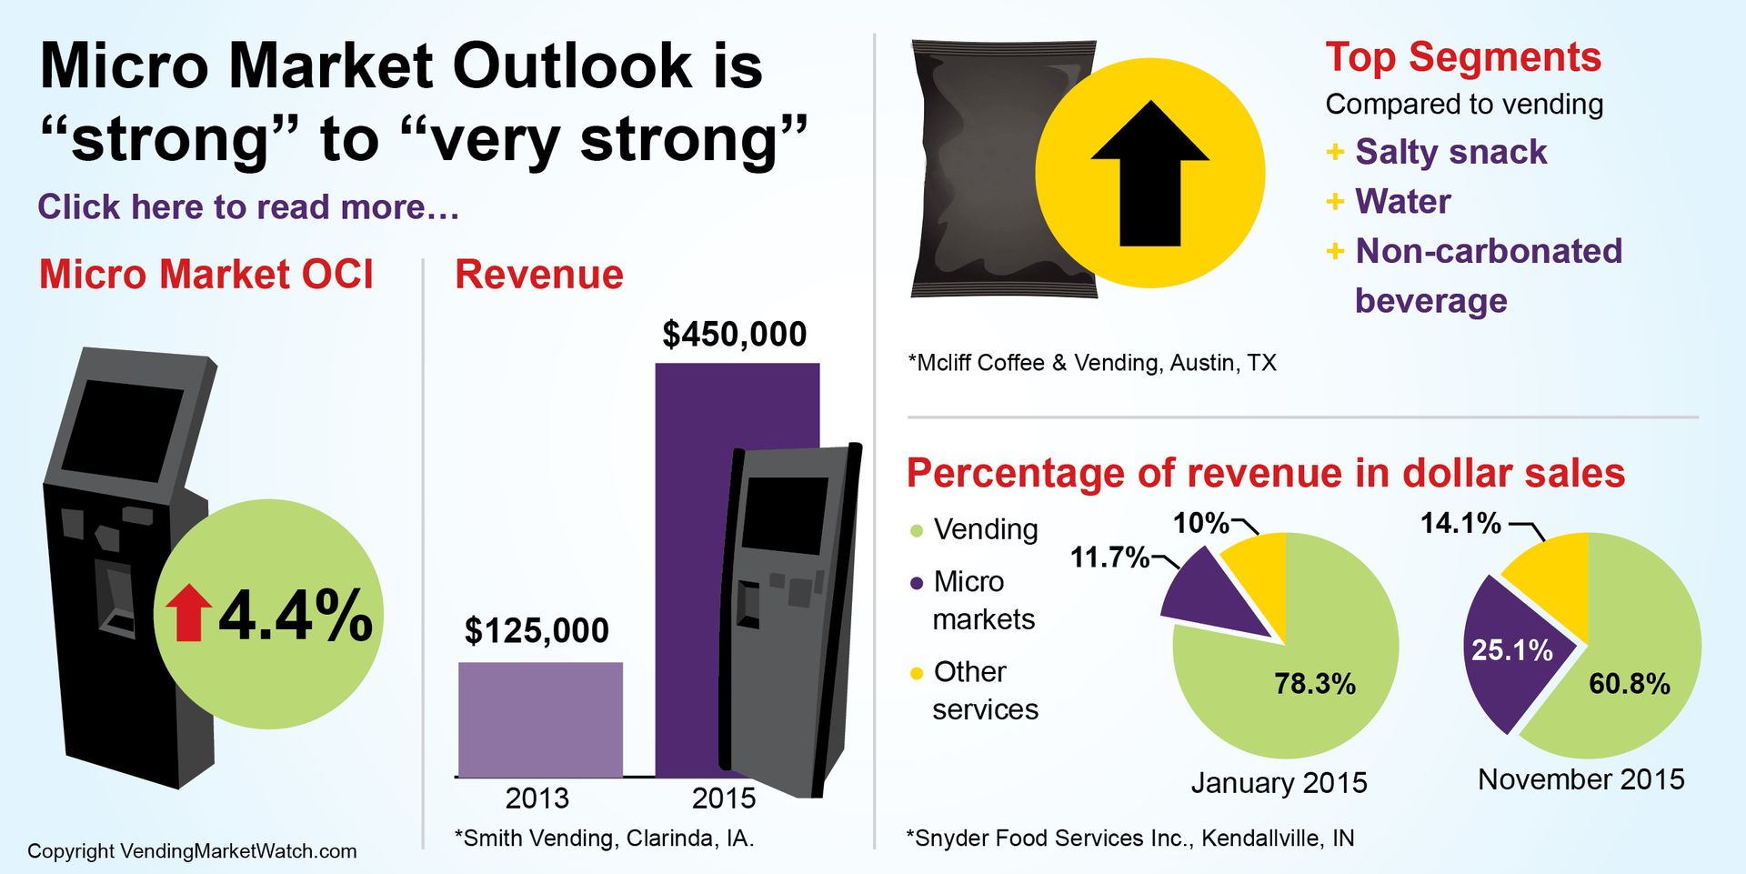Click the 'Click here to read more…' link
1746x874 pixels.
(x=247, y=207)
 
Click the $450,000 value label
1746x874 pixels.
(x=734, y=335)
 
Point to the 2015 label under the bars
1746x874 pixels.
(x=723, y=799)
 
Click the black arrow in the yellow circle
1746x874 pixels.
(x=1150, y=177)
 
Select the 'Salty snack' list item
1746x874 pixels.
(x=1450, y=152)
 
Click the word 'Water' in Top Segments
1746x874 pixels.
(x=1402, y=201)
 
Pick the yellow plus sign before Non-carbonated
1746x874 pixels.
(x=1335, y=250)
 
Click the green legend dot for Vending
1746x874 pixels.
(x=917, y=530)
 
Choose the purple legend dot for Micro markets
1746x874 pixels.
(x=917, y=583)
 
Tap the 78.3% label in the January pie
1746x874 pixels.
(x=1314, y=684)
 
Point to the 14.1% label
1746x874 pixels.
(x=1460, y=523)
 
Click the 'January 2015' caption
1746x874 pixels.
(x=1279, y=783)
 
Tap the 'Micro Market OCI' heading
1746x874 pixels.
(x=206, y=275)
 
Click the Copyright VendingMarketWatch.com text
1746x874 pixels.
(x=192, y=851)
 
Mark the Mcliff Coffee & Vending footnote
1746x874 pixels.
(x=1092, y=363)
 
